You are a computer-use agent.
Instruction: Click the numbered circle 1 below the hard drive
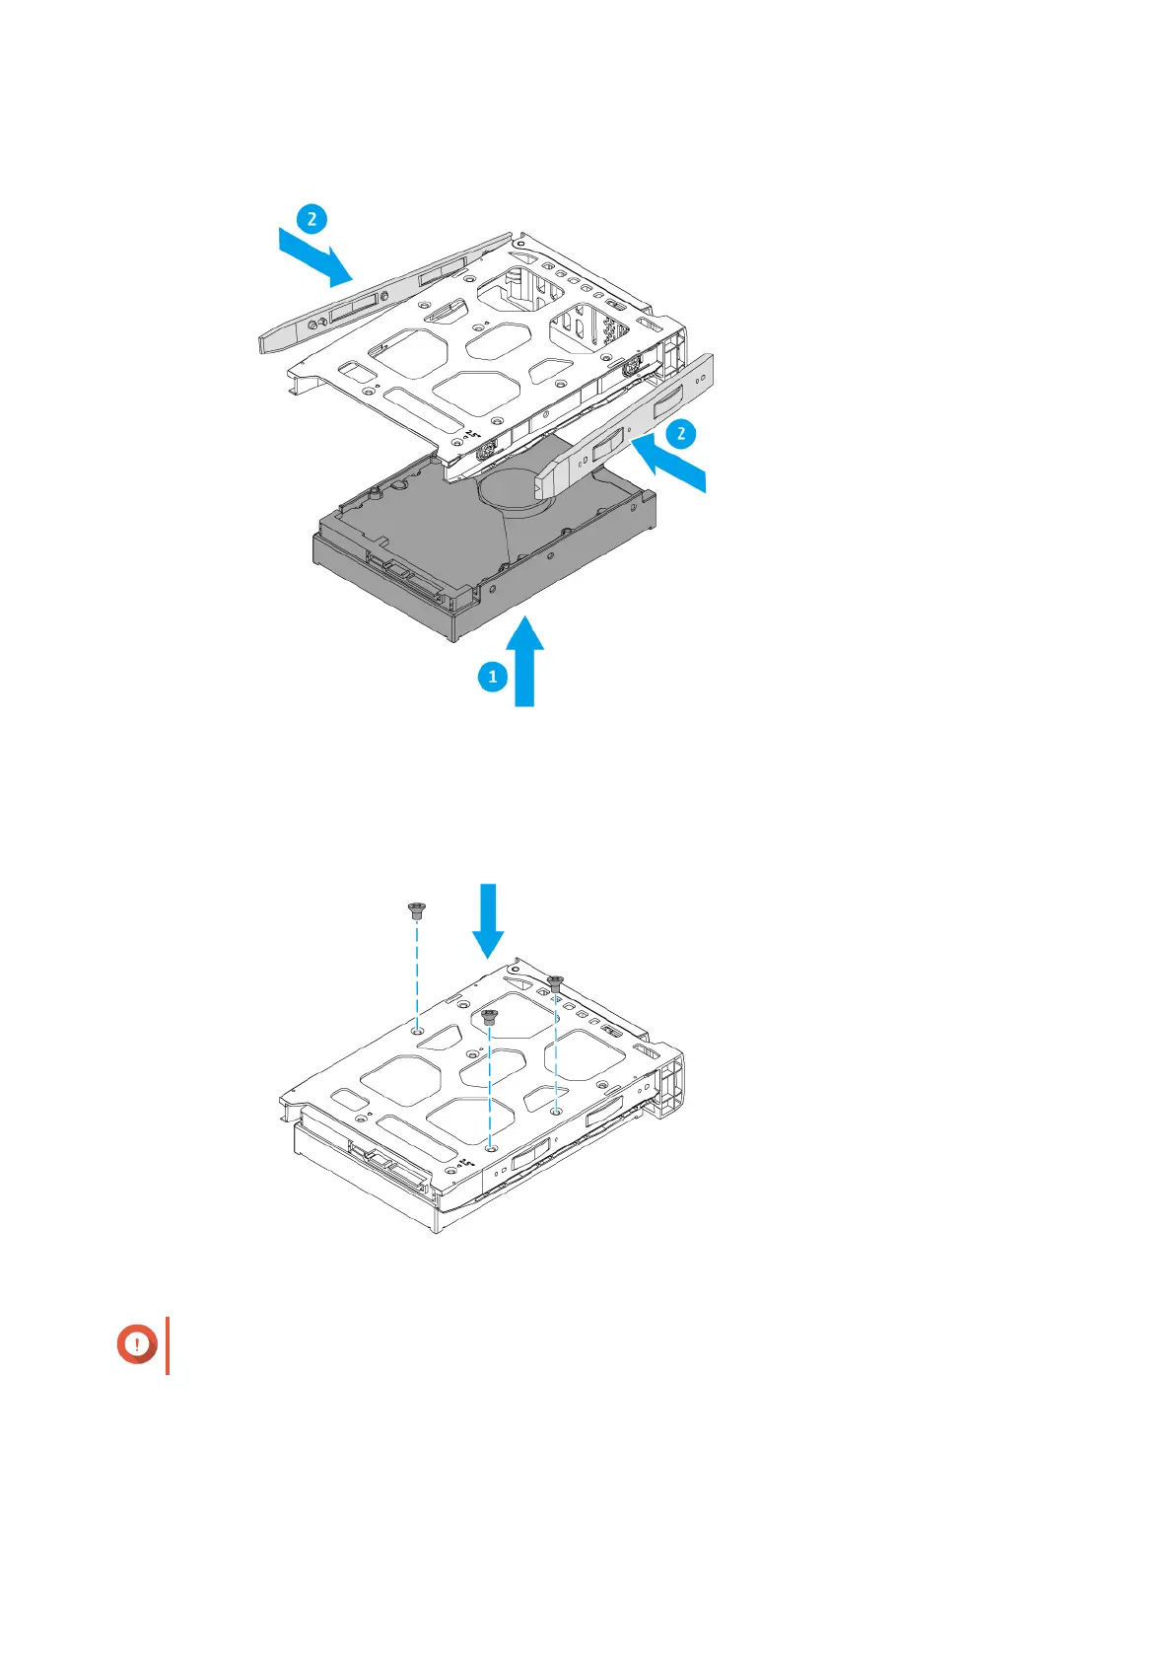tap(493, 677)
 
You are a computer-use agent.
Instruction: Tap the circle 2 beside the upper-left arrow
tap(311, 217)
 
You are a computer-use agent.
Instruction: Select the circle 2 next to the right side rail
tap(681, 433)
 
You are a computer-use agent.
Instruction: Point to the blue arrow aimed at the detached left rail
tap(316, 254)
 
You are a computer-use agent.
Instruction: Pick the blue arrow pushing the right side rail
tap(669, 467)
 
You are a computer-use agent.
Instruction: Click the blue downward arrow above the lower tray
tap(489, 920)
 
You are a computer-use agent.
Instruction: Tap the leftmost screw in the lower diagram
tap(416, 909)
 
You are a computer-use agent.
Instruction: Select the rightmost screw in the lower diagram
tap(556, 982)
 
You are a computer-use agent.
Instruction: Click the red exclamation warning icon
tap(138, 1344)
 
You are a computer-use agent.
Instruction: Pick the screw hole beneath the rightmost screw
tap(557, 1111)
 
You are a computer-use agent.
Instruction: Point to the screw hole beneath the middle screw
tap(491, 1147)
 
